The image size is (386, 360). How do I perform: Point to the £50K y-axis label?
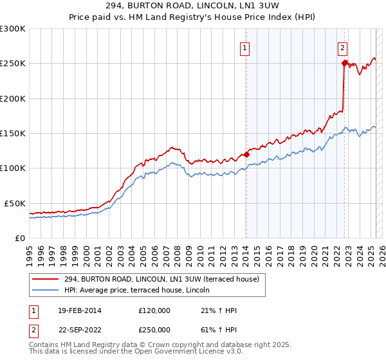[x=15, y=203]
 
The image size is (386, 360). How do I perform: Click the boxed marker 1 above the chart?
[x=246, y=47]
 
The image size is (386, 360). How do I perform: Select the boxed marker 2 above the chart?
[x=343, y=47]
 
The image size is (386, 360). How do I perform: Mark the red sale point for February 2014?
[x=247, y=154]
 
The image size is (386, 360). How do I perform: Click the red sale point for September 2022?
[x=344, y=63]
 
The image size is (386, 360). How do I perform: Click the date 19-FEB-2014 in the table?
[x=78, y=310]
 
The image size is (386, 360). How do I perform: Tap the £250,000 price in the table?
[x=154, y=330]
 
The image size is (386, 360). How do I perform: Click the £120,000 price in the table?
[x=154, y=310]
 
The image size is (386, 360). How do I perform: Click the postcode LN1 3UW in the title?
[x=267, y=7]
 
